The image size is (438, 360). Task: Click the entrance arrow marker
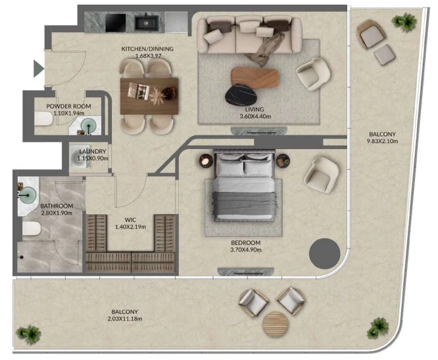[38, 68]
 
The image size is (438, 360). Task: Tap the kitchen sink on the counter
[147, 23]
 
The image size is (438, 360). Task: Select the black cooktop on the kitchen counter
[116, 23]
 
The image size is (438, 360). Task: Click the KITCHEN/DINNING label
[147, 49]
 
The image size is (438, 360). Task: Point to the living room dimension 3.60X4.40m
[255, 116]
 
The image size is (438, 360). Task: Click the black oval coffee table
[241, 95]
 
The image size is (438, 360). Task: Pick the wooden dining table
[149, 97]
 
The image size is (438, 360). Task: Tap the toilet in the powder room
[43, 119]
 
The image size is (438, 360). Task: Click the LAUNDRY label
[93, 151]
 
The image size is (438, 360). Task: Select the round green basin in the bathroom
[28, 194]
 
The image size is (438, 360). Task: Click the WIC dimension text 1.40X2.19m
[130, 227]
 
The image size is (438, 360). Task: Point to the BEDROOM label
[245, 243]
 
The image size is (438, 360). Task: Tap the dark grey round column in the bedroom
[324, 254]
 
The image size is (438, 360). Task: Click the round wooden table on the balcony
[276, 325]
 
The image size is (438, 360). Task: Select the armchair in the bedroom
[321, 175]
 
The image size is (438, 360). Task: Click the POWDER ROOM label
[68, 106]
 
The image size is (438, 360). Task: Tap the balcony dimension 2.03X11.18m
[125, 319]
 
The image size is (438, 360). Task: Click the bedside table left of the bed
[206, 161]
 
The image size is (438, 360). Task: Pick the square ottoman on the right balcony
[384, 55]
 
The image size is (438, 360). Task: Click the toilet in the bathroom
[32, 229]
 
